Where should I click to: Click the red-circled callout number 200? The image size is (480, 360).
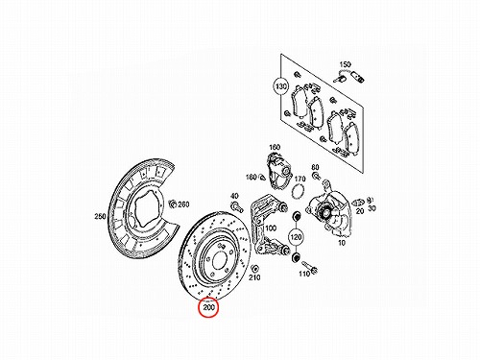point(209,308)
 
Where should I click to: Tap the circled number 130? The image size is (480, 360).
point(281,86)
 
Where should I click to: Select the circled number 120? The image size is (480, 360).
point(296,237)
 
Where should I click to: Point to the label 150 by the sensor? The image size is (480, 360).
point(345,64)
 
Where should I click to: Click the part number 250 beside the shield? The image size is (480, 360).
point(100,217)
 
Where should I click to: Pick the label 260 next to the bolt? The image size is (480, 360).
point(183,204)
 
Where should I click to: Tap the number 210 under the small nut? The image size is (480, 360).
point(254,277)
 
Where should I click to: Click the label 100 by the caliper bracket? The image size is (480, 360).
point(271,228)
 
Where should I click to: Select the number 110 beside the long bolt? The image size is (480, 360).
point(304,274)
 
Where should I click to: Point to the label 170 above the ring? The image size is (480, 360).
point(300,179)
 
